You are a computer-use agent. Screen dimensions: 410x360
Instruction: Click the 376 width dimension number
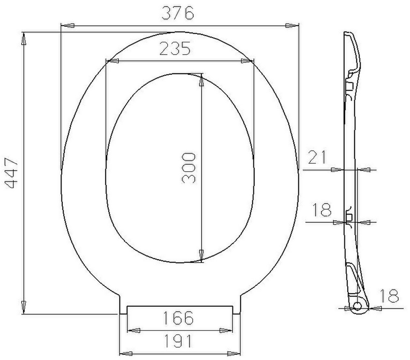coord(178,13)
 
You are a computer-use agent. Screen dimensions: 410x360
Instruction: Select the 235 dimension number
coord(175,49)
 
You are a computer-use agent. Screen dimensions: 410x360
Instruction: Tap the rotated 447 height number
coord(12,173)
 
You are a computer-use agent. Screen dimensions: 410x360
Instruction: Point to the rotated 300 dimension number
coord(188,168)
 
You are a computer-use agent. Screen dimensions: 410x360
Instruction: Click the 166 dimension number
coord(178,317)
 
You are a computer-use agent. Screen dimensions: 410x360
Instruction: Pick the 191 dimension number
coord(178,341)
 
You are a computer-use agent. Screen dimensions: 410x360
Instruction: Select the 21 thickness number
coord(317,157)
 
